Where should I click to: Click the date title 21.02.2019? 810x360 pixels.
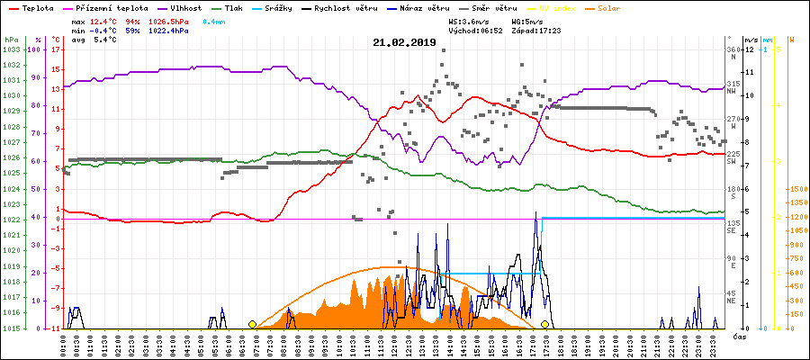tap(404, 42)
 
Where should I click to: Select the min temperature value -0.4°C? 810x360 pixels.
tap(106, 30)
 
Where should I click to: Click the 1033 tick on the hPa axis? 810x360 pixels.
tap(12, 49)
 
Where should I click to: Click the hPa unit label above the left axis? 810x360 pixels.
tap(11, 40)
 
